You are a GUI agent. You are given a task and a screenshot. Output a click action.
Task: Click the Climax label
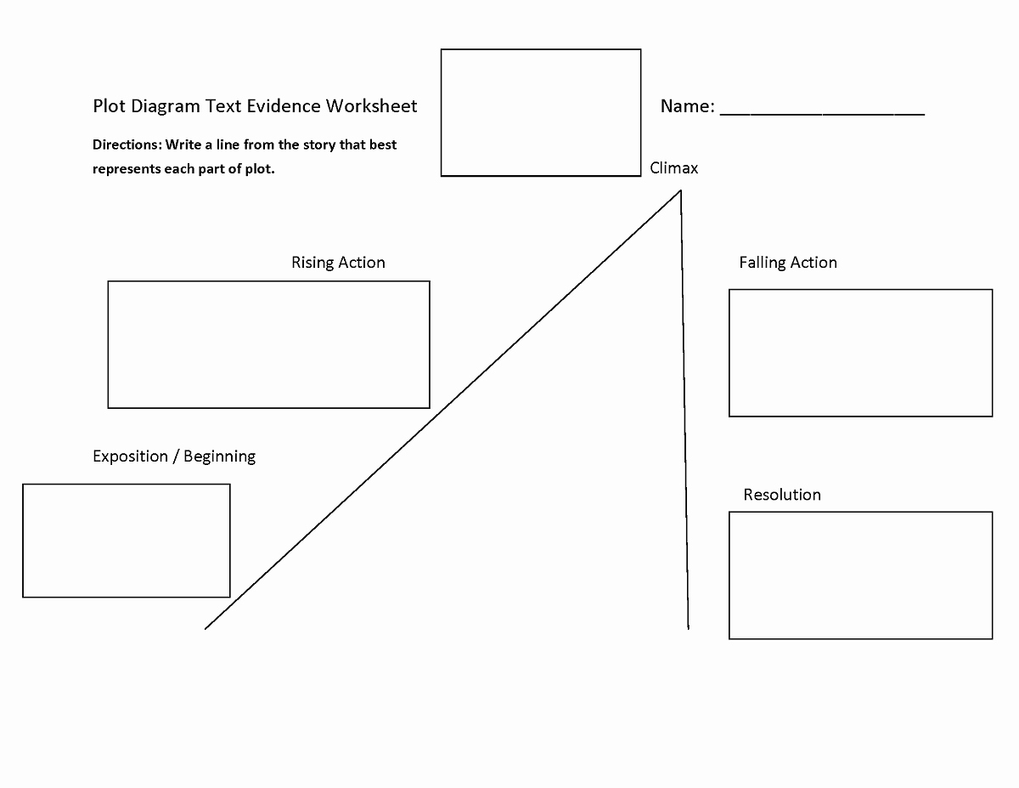tap(673, 167)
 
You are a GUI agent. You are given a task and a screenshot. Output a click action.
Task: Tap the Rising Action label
tap(338, 262)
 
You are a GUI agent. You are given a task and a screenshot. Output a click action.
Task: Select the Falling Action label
tap(788, 262)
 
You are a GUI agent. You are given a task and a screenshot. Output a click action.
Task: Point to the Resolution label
tap(782, 494)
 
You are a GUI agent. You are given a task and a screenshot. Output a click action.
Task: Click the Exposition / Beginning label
tap(174, 456)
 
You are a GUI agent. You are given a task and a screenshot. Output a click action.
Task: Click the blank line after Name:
tap(822, 114)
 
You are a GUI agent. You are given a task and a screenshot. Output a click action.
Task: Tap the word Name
tap(684, 106)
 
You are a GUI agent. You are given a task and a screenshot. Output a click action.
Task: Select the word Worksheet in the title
tap(371, 106)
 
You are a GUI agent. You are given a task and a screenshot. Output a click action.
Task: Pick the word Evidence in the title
tap(284, 106)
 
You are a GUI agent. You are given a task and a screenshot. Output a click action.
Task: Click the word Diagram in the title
tap(166, 107)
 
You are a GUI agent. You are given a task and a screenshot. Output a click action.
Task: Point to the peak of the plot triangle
tap(680, 190)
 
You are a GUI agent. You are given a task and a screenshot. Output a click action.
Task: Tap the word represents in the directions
tap(127, 169)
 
